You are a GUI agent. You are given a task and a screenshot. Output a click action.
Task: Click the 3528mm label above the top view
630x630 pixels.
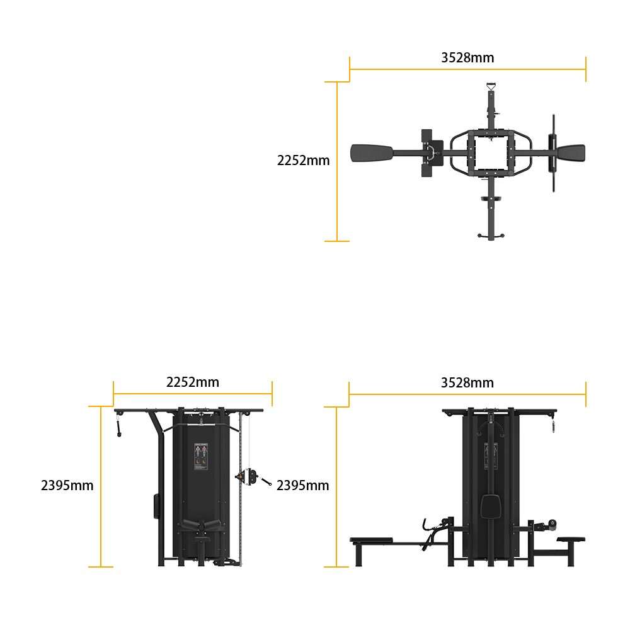point(467,58)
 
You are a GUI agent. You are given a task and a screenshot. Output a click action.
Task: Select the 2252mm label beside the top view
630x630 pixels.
point(304,160)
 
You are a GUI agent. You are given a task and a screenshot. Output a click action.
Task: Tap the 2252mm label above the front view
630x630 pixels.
point(193,382)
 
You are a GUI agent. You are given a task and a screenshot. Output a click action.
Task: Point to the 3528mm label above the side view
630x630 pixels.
point(467,383)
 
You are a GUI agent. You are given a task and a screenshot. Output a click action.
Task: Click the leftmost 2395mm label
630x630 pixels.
point(67,485)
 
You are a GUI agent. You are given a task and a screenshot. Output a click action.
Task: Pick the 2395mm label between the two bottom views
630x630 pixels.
point(302,485)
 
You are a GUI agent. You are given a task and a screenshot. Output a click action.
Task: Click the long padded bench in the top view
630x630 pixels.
point(372,153)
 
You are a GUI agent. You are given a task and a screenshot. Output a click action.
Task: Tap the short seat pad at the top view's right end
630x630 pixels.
point(571,153)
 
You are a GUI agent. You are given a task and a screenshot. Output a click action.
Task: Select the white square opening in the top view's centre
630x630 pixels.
point(491,152)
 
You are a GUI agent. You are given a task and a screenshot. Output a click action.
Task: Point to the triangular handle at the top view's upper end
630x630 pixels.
point(491,86)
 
